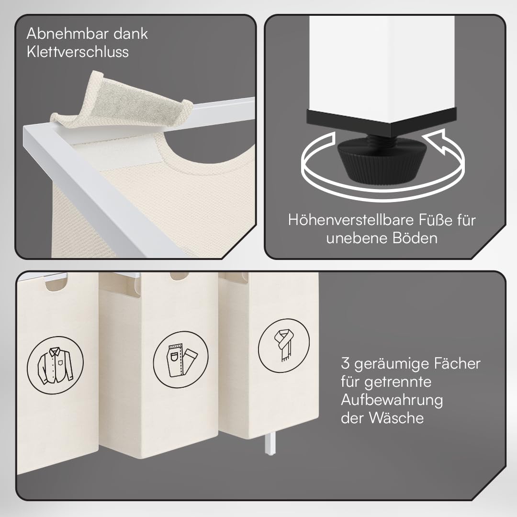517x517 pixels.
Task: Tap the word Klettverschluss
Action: click(x=78, y=52)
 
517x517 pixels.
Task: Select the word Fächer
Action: click(x=457, y=363)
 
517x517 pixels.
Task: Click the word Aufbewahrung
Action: click(x=392, y=400)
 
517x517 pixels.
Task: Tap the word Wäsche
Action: click(x=396, y=418)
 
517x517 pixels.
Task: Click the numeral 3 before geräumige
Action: click(x=345, y=363)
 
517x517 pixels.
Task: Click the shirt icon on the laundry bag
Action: click(x=55, y=365)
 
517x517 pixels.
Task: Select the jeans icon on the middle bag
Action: click(x=180, y=360)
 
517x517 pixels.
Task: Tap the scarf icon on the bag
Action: click(x=283, y=345)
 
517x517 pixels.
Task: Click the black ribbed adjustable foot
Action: click(x=382, y=160)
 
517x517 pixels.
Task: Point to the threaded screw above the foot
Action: click(x=382, y=139)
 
